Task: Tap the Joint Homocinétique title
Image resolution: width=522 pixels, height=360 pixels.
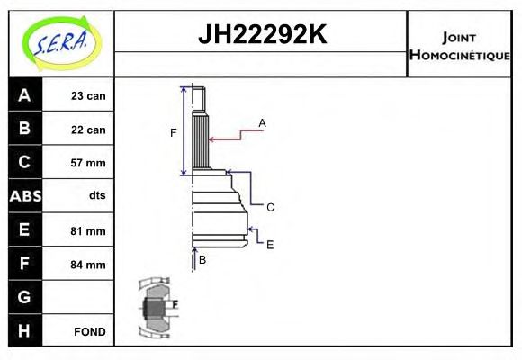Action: pyautogui.click(x=460, y=45)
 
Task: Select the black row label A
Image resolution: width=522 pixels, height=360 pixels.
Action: pyautogui.click(x=24, y=95)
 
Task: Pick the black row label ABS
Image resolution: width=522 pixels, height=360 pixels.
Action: pyautogui.click(x=24, y=196)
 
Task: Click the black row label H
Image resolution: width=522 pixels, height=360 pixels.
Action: pyautogui.click(x=24, y=330)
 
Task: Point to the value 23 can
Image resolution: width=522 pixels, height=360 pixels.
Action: pyautogui.click(x=88, y=96)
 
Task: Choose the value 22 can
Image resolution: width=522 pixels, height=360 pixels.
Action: pyautogui.click(x=88, y=130)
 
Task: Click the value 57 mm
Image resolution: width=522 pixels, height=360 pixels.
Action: pyautogui.click(x=89, y=163)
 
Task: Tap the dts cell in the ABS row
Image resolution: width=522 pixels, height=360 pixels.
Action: pyautogui.click(x=96, y=196)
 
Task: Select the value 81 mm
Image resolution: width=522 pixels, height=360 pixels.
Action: pyautogui.click(x=89, y=230)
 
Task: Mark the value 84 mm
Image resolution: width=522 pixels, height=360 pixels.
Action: pyautogui.click(x=89, y=265)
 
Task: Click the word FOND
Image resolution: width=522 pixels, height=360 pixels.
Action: pyautogui.click(x=90, y=331)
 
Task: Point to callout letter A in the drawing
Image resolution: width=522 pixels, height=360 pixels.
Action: pyautogui.click(x=262, y=122)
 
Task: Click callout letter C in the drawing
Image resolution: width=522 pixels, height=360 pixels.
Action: pyautogui.click(x=270, y=207)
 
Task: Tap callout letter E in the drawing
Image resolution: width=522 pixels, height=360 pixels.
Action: pyautogui.click(x=269, y=244)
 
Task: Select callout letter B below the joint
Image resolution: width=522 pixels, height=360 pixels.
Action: pyautogui.click(x=202, y=259)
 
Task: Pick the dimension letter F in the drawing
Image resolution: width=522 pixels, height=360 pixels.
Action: pyautogui.click(x=174, y=133)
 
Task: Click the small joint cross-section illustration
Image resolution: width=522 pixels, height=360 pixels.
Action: pyautogui.click(x=157, y=308)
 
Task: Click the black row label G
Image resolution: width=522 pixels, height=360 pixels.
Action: pyautogui.click(x=24, y=297)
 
